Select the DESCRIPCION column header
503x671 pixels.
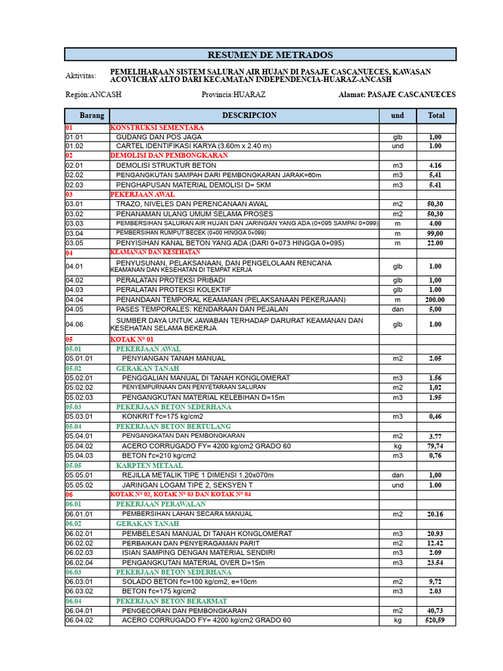point(249,115)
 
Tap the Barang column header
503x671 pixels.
point(92,115)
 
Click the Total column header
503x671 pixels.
point(436,115)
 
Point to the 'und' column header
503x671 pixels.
point(398,115)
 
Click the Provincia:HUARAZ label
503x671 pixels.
point(233,94)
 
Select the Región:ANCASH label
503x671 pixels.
point(93,94)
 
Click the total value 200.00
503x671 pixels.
point(436,299)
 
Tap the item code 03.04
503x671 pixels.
point(75,233)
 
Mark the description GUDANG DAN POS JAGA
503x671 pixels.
point(158,137)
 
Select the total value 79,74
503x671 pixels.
point(436,446)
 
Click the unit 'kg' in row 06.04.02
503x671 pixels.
point(398,621)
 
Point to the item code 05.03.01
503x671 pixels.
point(79,416)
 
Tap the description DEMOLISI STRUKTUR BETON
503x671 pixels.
point(166,166)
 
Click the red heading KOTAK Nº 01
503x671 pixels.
point(132,339)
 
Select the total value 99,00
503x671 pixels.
point(436,233)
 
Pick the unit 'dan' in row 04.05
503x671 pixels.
point(398,309)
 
